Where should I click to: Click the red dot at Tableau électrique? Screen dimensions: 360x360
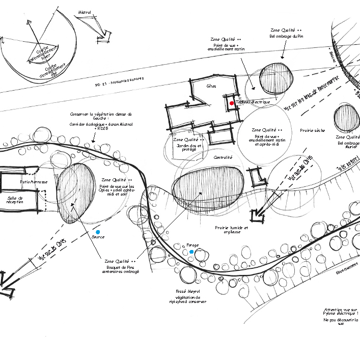point(232,103)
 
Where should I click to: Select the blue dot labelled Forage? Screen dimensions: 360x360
point(191,252)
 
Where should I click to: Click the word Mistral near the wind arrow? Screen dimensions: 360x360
point(85,12)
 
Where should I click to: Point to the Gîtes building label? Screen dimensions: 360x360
point(211,86)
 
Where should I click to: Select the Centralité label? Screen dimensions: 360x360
point(223,157)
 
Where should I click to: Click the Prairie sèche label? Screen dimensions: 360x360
point(312,131)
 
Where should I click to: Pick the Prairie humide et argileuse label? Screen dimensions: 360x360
point(231,231)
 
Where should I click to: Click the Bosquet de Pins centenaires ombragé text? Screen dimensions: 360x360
point(120,269)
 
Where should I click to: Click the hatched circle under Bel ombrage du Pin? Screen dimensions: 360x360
point(277,78)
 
